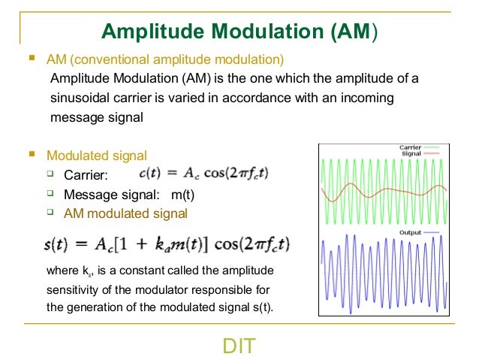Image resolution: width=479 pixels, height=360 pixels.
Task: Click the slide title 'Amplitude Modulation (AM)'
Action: [x=239, y=31]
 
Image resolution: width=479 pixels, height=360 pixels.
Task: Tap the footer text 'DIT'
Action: [x=239, y=346]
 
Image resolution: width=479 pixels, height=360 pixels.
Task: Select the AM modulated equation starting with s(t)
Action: [x=167, y=245]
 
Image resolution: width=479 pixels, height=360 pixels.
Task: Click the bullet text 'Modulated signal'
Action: [x=96, y=156]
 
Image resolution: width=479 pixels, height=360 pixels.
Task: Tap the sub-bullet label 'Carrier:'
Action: [x=86, y=176]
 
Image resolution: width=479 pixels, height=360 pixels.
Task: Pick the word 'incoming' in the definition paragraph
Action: [x=368, y=98]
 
